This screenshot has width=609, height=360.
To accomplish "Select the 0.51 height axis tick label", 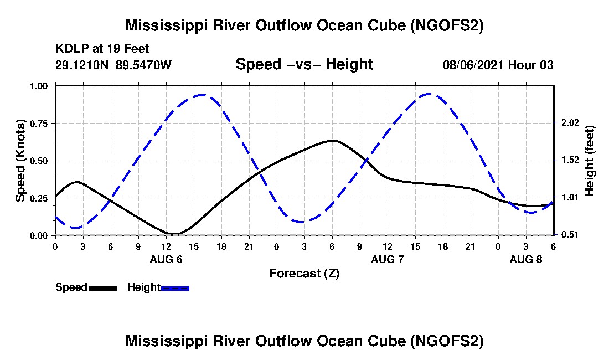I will coord(569,235).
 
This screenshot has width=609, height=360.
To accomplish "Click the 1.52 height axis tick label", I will coord(569,160).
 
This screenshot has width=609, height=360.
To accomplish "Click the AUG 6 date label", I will coord(166,259).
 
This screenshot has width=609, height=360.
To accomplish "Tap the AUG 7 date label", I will coord(388,259).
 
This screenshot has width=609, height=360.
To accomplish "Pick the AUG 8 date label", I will coord(526,259).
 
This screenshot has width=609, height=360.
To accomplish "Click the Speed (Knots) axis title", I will coord(20,161).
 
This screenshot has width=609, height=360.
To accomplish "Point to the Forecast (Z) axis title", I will coord(304,273).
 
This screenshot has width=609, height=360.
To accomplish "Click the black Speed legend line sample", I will coord(103,288).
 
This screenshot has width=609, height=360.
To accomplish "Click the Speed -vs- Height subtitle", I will coord(304,64).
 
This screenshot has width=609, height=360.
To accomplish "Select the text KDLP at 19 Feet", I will coord(102,49).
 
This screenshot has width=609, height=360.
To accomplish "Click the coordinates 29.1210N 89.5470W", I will coord(113,65).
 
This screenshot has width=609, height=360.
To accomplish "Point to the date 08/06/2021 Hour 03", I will coord(498,65).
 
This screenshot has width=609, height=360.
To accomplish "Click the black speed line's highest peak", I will coord(332,141).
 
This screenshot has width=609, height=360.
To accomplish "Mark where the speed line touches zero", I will coord(174,234).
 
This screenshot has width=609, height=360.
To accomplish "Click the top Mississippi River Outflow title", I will coord(304,25).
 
